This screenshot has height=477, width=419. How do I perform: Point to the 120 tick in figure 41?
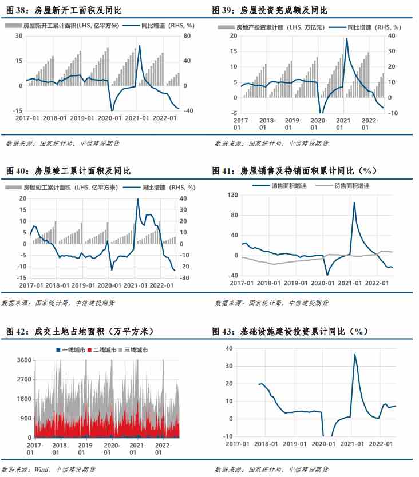pos(232,195)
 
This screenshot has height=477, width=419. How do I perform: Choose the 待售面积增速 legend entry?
pos(351,186)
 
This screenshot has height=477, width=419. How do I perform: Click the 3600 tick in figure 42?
pos(24,360)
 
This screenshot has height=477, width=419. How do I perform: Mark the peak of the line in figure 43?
pos(355,355)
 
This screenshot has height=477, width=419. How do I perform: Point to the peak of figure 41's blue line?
pos(354,202)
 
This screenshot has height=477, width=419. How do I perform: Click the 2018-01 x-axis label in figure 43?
pos(266,443)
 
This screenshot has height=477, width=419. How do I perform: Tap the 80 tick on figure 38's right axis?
pos(187,35)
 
